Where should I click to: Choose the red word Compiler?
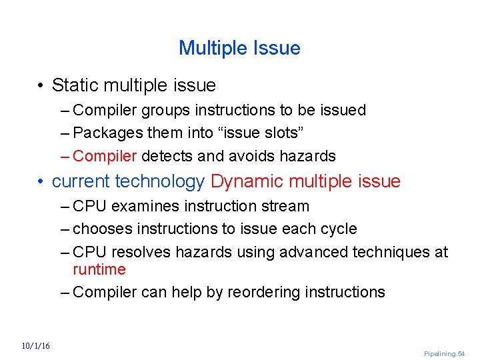(105, 156)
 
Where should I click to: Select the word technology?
(160, 181)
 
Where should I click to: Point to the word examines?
(143, 206)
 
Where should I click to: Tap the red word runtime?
(99, 269)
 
